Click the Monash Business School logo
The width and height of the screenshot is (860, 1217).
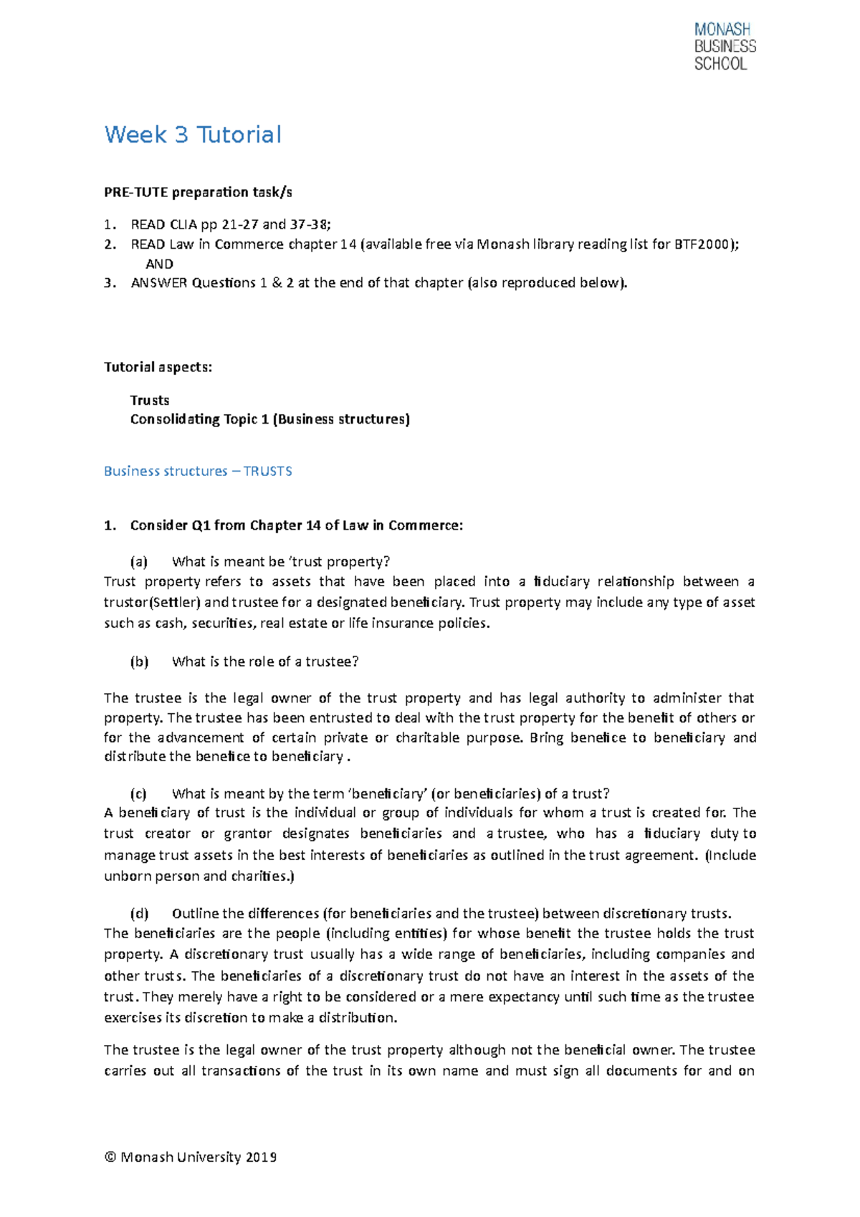[725, 47]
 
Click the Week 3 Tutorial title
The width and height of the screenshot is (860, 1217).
[193, 135]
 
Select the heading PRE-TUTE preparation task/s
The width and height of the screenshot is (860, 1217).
[198, 192]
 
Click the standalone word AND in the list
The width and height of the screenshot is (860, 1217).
[159, 264]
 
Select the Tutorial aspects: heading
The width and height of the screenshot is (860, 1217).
[158, 367]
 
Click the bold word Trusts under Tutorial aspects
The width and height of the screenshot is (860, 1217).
[150, 400]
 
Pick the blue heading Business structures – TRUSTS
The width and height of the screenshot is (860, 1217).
[198, 471]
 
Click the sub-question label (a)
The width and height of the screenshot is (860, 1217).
[138, 561]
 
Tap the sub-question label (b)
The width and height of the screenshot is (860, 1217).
[138, 662]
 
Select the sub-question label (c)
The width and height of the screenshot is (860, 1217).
[138, 793]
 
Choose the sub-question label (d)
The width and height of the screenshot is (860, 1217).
[138, 913]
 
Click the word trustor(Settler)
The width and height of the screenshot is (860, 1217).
[152, 602]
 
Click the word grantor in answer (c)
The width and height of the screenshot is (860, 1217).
[248, 834]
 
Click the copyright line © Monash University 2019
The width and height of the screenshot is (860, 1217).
[191, 1157]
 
